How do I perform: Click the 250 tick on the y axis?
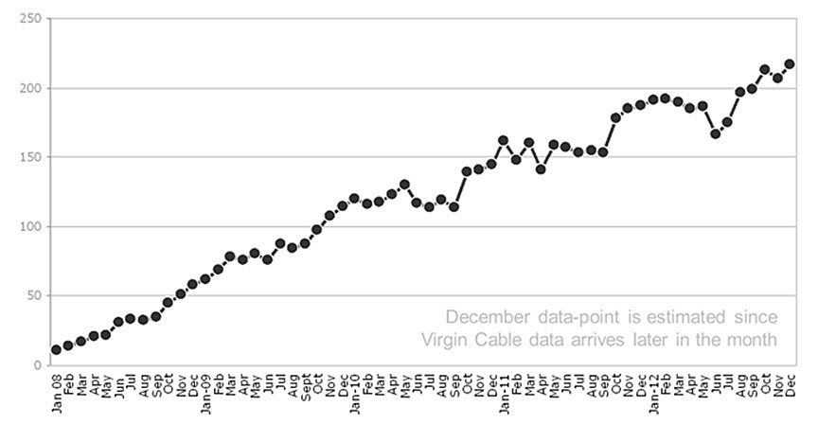[x=31, y=19]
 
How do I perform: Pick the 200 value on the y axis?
[x=31, y=88]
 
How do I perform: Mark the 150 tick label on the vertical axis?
[x=31, y=157]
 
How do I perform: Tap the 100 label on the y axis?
[x=31, y=226]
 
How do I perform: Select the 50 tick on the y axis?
[x=34, y=295]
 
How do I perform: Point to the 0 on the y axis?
[x=37, y=365]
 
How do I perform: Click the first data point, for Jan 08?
[x=56, y=349]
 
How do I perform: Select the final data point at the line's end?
[x=790, y=64]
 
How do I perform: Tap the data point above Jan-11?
[x=503, y=140]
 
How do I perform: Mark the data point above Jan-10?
[x=354, y=199]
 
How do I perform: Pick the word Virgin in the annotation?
[x=445, y=339]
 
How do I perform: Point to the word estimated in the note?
[x=686, y=316]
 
